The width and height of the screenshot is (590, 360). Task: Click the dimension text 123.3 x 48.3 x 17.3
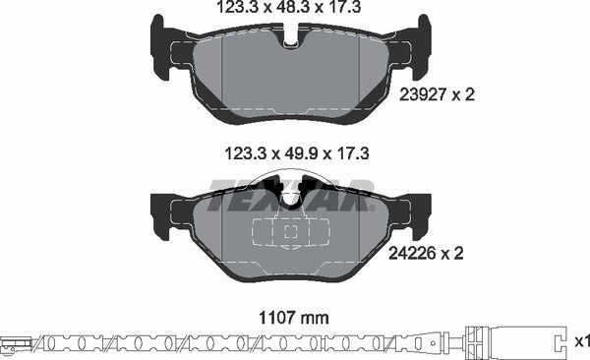tap(289, 7)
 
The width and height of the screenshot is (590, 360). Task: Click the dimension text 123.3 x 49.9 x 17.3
tap(297, 153)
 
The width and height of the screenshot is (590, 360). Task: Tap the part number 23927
tap(423, 94)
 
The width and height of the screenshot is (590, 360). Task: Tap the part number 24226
tap(411, 253)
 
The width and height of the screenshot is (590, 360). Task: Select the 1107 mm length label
tap(293, 319)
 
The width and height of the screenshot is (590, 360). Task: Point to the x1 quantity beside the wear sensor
tap(582, 341)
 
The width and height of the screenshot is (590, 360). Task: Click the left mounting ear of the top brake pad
tap(160, 46)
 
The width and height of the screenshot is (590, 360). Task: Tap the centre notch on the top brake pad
tap(291, 37)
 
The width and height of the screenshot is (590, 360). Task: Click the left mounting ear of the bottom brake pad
tap(160, 215)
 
